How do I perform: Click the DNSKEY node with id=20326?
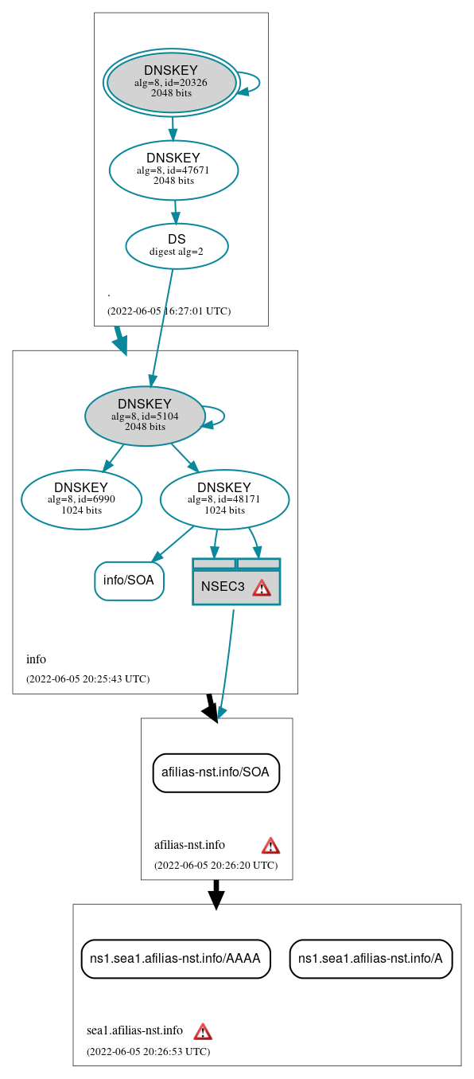(171, 82)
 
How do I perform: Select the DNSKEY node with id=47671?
(173, 170)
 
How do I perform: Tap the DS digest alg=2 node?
(177, 245)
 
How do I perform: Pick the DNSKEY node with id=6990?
(81, 499)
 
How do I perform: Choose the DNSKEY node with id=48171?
(224, 499)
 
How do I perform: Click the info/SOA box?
(129, 581)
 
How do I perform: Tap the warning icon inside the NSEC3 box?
(262, 588)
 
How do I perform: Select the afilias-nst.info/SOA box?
(216, 772)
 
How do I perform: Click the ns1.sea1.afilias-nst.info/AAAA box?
(176, 959)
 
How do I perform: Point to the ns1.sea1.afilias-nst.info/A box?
(371, 959)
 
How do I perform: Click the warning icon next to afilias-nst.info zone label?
(270, 845)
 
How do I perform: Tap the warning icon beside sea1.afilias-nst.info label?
(203, 1031)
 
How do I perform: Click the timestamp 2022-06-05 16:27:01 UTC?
(169, 311)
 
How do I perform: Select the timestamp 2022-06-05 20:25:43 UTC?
(87, 679)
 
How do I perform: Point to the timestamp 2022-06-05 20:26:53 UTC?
(148, 1052)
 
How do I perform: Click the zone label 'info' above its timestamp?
(37, 659)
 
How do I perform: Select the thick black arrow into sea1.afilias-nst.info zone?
(216, 893)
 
